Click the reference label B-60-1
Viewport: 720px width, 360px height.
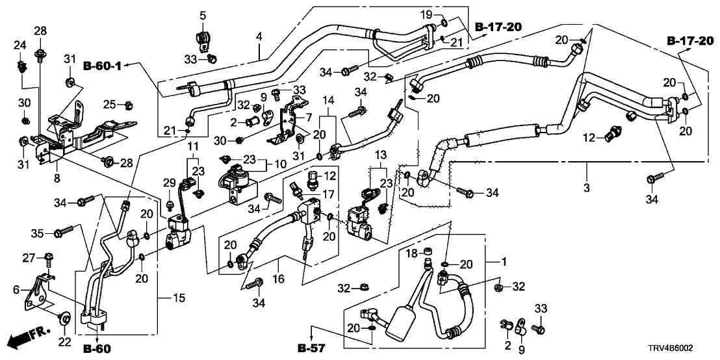pyautogui.click(x=103, y=65)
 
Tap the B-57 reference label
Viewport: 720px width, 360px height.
pyautogui.click(x=311, y=349)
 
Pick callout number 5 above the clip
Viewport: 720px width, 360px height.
pyautogui.click(x=203, y=16)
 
